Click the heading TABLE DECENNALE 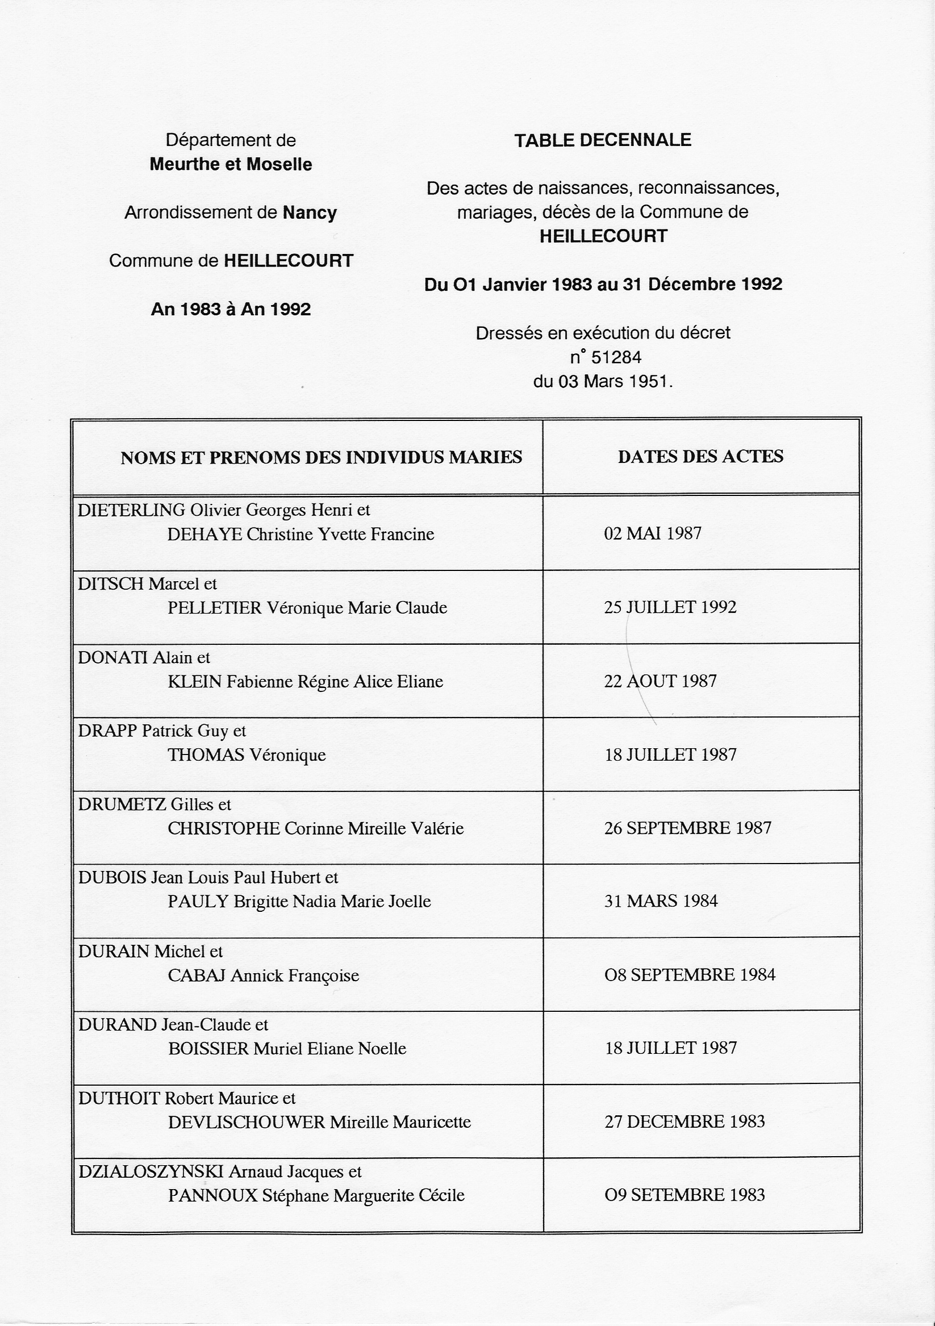(602, 140)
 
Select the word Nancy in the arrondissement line (310, 213)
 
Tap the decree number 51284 (616, 357)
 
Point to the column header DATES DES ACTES (700, 456)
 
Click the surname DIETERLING (131, 510)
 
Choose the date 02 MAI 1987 (653, 533)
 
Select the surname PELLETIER (214, 607)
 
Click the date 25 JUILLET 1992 (670, 607)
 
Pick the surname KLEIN (195, 682)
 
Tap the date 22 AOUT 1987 (660, 681)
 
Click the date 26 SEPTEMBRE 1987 (687, 828)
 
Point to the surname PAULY (198, 902)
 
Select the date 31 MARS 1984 (661, 901)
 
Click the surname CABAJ (197, 975)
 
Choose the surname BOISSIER (208, 1048)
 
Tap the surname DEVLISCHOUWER (247, 1122)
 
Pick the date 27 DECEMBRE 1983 (684, 1121)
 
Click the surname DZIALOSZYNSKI (150, 1171)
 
